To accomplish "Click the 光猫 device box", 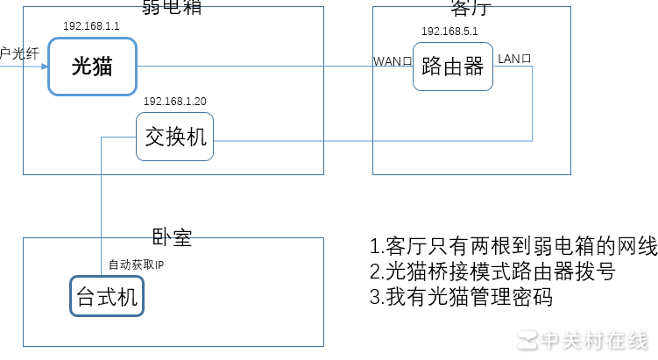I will tap(92, 67).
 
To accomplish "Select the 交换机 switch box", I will tap(175, 137).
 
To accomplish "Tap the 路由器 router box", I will tap(452, 67).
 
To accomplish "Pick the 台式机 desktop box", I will tap(107, 297).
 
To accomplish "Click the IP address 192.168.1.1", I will tap(91, 26).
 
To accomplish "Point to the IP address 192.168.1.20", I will tap(175, 102).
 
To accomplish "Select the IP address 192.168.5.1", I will tap(449, 31).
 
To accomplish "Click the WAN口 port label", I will tap(393, 61).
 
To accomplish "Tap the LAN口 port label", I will tap(515, 59).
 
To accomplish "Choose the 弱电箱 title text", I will tap(167, 8).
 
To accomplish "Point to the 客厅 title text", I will tap(471, 8).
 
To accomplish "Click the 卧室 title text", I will tap(172, 236).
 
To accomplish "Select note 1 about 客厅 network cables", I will tap(513, 246).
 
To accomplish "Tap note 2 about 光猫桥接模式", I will tap(492, 272).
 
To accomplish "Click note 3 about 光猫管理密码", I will tap(461, 297).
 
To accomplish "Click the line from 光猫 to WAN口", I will tap(254, 67).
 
